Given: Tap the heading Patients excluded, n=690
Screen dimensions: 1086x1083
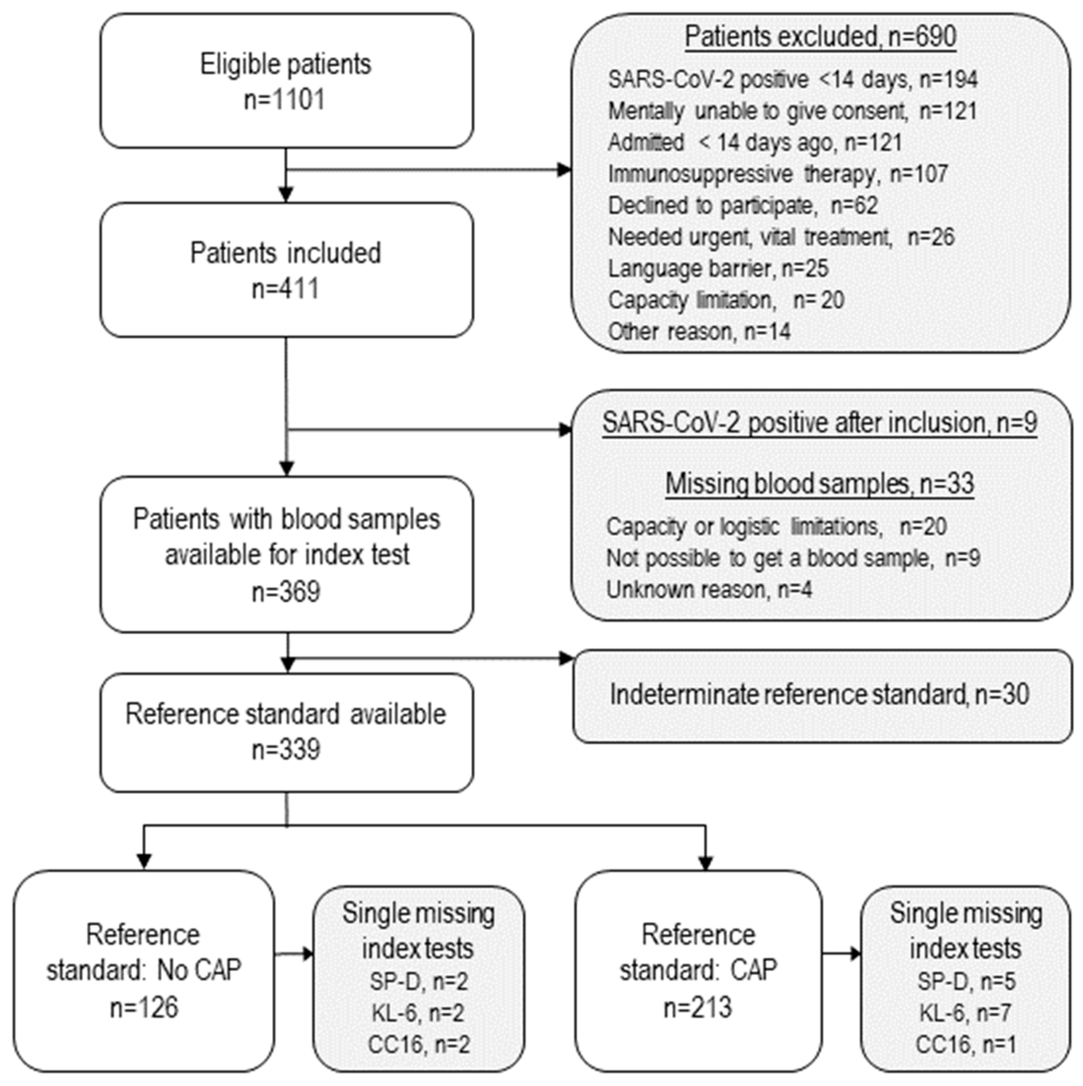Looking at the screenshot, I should pyautogui.click(x=821, y=37).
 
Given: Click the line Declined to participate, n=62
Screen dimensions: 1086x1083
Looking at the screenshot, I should pyautogui.click(x=742, y=206).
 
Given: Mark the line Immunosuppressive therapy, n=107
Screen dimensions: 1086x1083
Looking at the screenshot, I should pyautogui.click(x=778, y=174).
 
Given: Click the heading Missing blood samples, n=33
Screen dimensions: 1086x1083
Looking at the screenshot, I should pyautogui.click(x=819, y=484).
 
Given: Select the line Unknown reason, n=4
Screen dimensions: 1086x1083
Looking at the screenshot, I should pyautogui.click(x=709, y=590).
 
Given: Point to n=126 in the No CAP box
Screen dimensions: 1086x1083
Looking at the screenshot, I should pyautogui.click(x=144, y=1007).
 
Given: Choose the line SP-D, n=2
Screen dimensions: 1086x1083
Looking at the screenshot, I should pyautogui.click(x=418, y=982).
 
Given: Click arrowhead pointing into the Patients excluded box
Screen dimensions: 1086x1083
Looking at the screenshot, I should pyautogui.click(x=564, y=170).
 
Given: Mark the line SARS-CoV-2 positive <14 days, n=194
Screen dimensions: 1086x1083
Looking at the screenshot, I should pyautogui.click(x=792, y=80).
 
